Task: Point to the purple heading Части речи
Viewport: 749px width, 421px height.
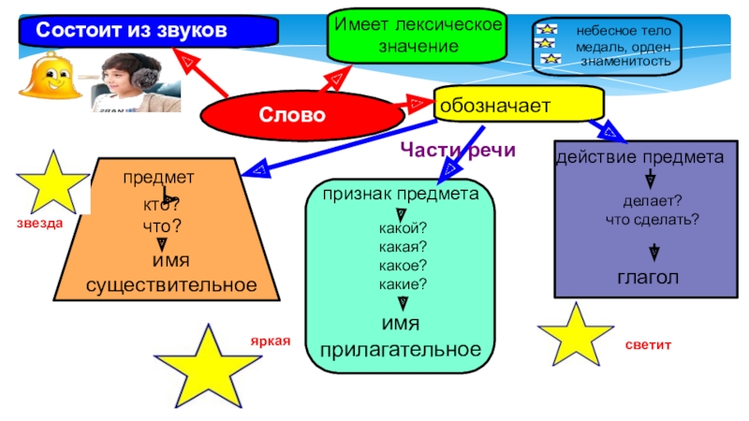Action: click(x=458, y=149)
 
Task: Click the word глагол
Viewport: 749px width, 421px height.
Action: click(x=647, y=278)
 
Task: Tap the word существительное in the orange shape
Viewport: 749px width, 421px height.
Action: click(x=171, y=283)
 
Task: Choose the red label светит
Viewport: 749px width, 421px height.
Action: click(x=649, y=345)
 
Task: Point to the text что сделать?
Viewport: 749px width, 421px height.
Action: click(x=653, y=219)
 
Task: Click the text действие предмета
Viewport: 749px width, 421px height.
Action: click(x=640, y=157)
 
